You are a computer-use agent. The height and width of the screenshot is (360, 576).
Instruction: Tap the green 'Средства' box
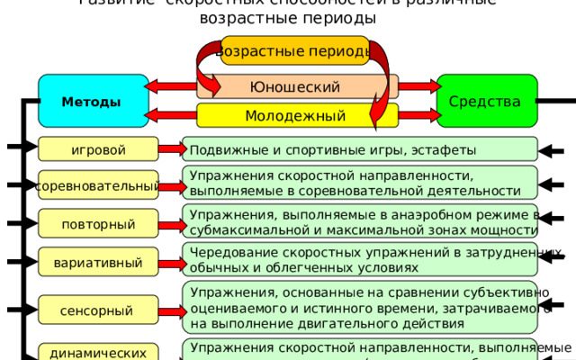pyautogui.click(x=487, y=100)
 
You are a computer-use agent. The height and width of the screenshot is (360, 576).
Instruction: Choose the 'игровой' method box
pyautogui.click(x=98, y=148)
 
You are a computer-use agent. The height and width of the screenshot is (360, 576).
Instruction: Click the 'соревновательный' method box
pyautogui.click(x=98, y=186)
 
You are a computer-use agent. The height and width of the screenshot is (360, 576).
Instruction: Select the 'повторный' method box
pyautogui.click(x=98, y=223)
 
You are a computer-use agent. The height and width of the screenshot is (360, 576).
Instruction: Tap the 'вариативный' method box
pyautogui.click(x=98, y=263)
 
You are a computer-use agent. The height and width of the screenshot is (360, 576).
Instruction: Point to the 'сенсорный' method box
pyautogui.click(x=98, y=310)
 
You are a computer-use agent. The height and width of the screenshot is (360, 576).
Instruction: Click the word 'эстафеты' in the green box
pyautogui.click(x=446, y=149)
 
